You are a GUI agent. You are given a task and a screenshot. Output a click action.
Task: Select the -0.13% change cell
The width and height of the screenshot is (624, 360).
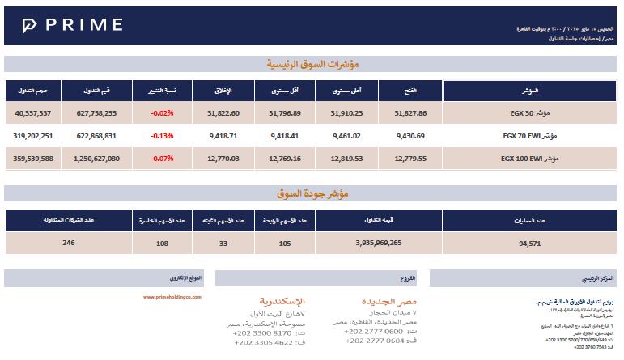[x=162, y=136]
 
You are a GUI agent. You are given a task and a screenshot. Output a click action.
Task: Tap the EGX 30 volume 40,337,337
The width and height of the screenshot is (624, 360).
[x=33, y=113]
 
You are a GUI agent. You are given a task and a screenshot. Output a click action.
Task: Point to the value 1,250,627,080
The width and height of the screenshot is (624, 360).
[x=91, y=159]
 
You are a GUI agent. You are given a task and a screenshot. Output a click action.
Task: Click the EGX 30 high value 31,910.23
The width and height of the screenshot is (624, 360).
[x=346, y=113]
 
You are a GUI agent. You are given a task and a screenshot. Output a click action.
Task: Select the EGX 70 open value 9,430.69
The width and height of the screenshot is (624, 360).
[x=410, y=136]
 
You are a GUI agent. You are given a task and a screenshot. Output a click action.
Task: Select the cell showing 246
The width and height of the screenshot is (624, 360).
[x=69, y=242]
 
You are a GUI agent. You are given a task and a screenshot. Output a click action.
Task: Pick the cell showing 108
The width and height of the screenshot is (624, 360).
[x=162, y=242]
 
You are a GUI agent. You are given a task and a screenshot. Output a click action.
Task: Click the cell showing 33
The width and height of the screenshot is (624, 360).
[x=223, y=242]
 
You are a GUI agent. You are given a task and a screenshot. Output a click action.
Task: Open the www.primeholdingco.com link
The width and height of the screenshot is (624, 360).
[x=172, y=297]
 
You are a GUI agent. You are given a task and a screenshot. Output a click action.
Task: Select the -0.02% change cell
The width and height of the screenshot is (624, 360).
[x=162, y=113]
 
